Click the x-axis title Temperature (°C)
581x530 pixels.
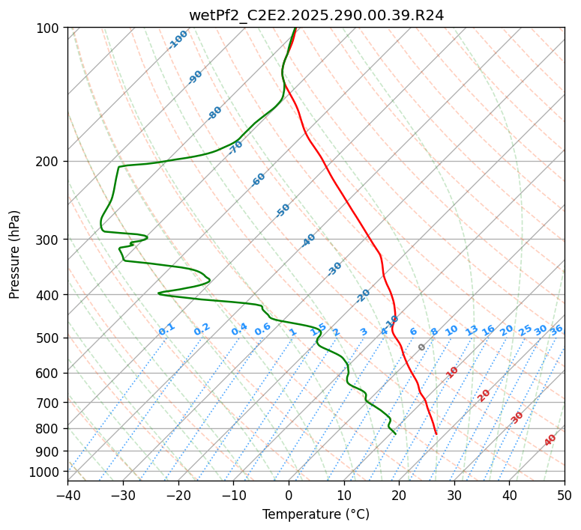(316, 514)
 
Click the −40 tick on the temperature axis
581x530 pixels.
(67, 496)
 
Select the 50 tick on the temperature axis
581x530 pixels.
(565, 496)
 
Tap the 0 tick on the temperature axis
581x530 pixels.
(289, 496)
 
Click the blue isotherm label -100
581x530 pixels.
(178, 40)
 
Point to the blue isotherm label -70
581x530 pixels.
(235, 147)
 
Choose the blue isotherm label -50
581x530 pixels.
(283, 210)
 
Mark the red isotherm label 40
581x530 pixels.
(550, 440)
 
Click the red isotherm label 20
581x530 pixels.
(484, 395)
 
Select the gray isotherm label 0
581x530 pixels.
(422, 347)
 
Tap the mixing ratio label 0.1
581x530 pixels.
(166, 329)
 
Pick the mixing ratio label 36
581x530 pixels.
(556, 329)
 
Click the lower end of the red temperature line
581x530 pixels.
(436, 433)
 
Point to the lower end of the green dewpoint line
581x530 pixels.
(395, 433)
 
